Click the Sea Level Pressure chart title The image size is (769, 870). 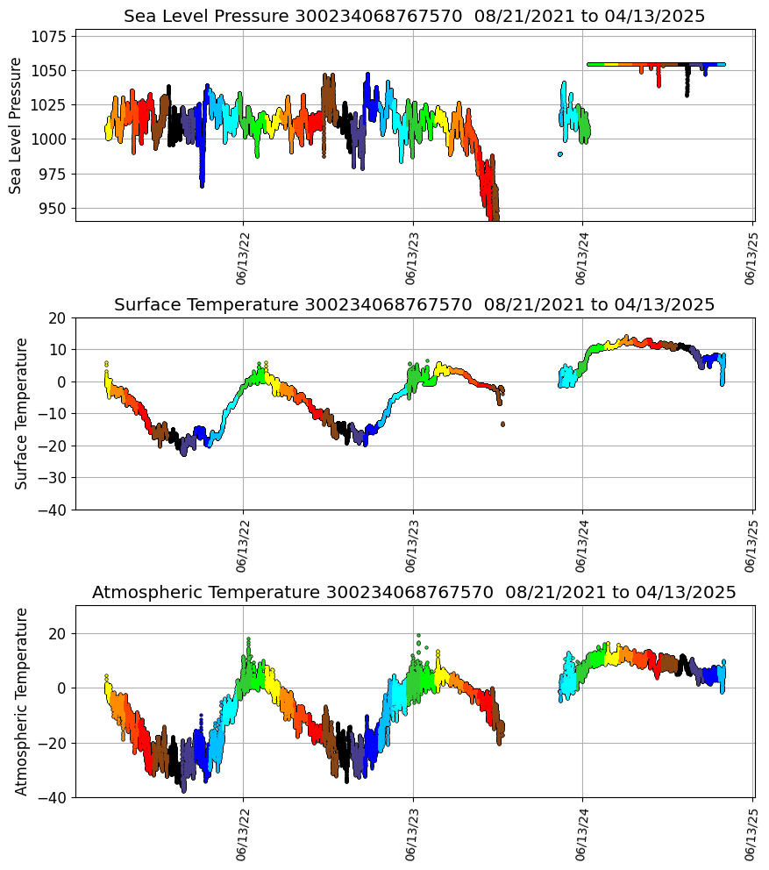coord(414,17)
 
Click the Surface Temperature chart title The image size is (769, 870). coord(414,304)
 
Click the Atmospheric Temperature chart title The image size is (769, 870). coord(414,592)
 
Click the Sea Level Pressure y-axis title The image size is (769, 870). coord(16,125)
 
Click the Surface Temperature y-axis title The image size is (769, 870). coord(22,413)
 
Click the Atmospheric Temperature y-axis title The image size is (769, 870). coord(22,701)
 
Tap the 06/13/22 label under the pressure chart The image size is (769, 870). coord(243,258)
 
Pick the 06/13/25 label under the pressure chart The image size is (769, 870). coord(751,258)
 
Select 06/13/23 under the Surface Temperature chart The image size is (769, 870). coord(413,546)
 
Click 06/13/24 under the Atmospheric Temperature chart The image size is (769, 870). coord(583,833)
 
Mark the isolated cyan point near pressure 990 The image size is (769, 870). coord(559,154)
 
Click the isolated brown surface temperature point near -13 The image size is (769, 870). coord(502,424)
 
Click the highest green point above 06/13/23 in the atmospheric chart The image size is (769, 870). coord(418,635)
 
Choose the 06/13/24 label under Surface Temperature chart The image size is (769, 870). coord(583,546)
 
